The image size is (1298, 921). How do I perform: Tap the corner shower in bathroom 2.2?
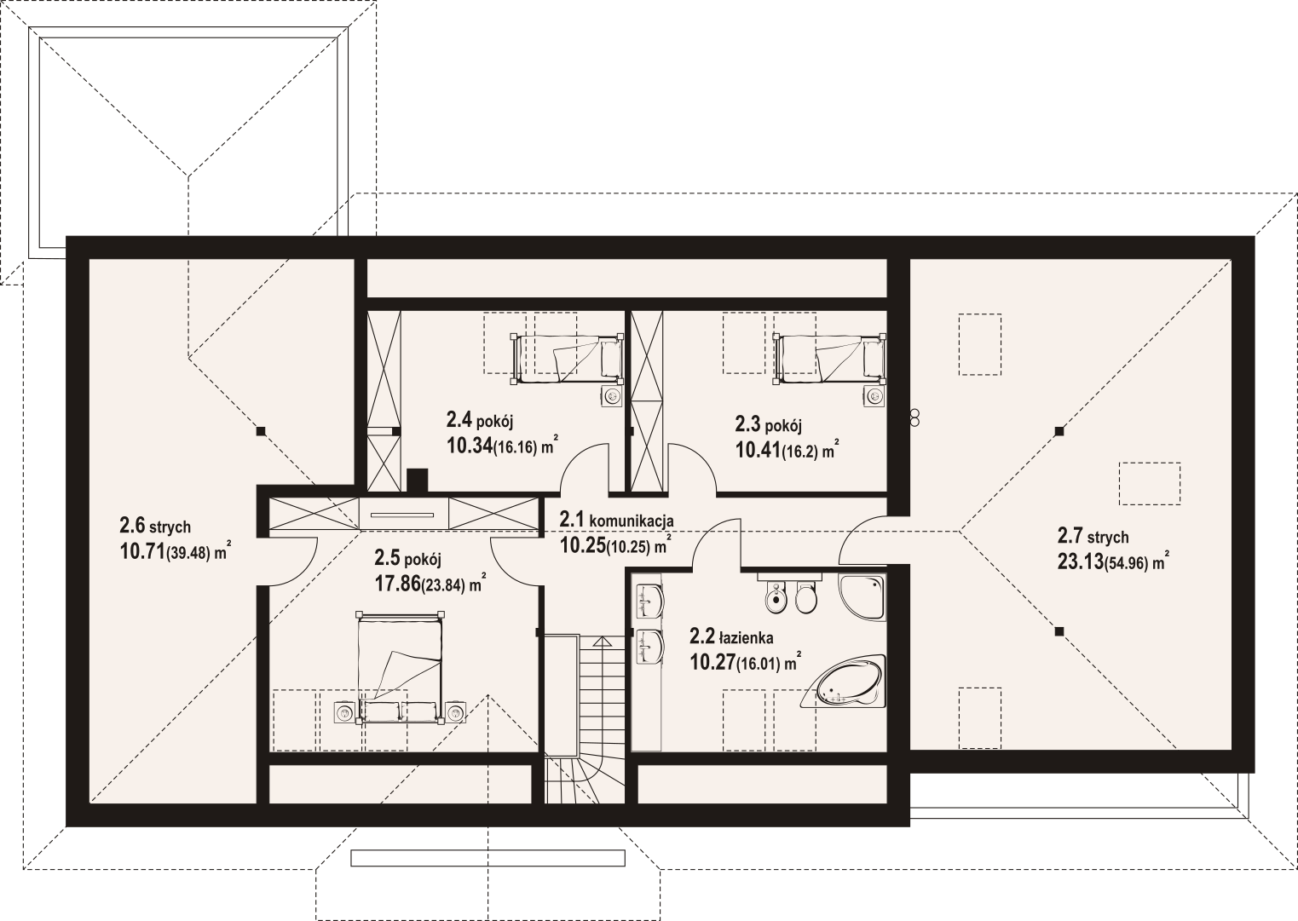pos(862,597)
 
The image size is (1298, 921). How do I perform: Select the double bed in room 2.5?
pos(400,668)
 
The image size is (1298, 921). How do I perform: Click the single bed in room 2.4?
pos(567,359)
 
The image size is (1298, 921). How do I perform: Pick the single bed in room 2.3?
pos(828,359)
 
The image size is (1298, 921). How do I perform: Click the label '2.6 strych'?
pos(155,526)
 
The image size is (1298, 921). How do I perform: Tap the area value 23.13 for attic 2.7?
pos(1080,561)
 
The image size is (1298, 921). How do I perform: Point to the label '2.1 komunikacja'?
pos(616,520)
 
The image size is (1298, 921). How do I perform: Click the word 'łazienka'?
pos(747,638)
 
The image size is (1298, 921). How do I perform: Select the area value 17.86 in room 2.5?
pos(397,584)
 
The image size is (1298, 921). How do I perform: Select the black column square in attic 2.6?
pos(261,431)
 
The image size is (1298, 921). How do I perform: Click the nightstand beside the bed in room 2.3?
pos(874,397)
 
